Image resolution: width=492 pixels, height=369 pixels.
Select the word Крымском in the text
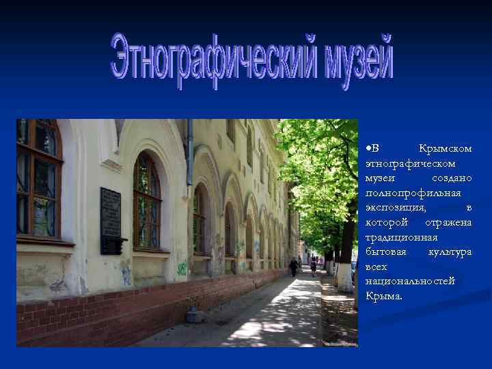coord(445,149)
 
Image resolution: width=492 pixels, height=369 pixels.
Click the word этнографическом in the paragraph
coord(410,163)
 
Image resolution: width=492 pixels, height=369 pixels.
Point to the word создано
coord(452,178)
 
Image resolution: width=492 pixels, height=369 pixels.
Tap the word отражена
coord(448,223)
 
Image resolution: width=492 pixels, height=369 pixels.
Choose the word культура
coord(450,252)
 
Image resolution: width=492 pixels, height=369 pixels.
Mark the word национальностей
coord(410,282)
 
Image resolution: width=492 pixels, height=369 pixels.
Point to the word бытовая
coord(385,252)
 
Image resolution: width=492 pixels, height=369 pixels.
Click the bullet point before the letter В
coord(368,149)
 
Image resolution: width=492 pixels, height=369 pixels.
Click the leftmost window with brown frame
coord(38,179)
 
